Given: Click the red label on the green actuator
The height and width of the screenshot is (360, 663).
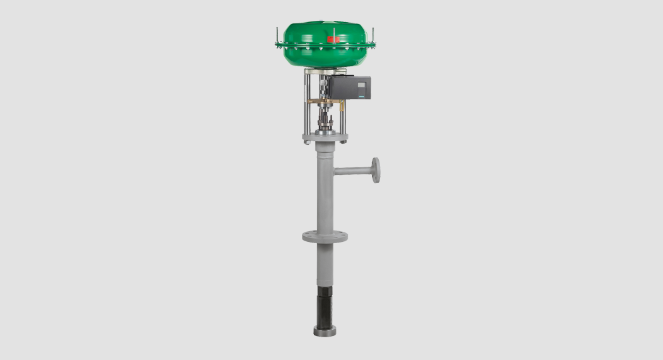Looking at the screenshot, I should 333,39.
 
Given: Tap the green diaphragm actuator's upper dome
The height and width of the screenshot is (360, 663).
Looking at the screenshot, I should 325,31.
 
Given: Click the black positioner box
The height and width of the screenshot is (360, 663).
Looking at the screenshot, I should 350,88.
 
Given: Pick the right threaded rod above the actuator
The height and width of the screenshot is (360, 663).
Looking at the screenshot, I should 373,34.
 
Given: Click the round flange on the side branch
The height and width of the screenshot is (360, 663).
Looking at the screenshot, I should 376,170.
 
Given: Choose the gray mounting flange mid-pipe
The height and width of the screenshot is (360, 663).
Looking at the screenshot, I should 325,237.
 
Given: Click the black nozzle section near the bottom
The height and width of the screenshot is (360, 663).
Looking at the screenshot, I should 325,306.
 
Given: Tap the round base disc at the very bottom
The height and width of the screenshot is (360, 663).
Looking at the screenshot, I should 325,330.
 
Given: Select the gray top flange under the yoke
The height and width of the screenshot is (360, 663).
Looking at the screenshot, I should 325,136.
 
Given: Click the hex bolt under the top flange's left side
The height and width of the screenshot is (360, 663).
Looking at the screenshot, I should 307,142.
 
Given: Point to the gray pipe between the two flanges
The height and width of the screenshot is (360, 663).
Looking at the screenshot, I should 325,189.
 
